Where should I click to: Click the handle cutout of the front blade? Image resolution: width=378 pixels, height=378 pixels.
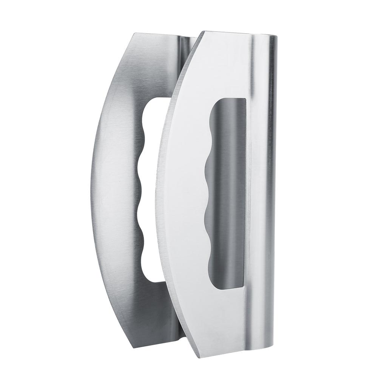click(x=227, y=193)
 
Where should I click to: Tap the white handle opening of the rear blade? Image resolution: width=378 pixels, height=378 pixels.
click(x=151, y=189)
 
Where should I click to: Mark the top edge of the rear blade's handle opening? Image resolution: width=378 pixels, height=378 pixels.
click(x=159, y=98)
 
